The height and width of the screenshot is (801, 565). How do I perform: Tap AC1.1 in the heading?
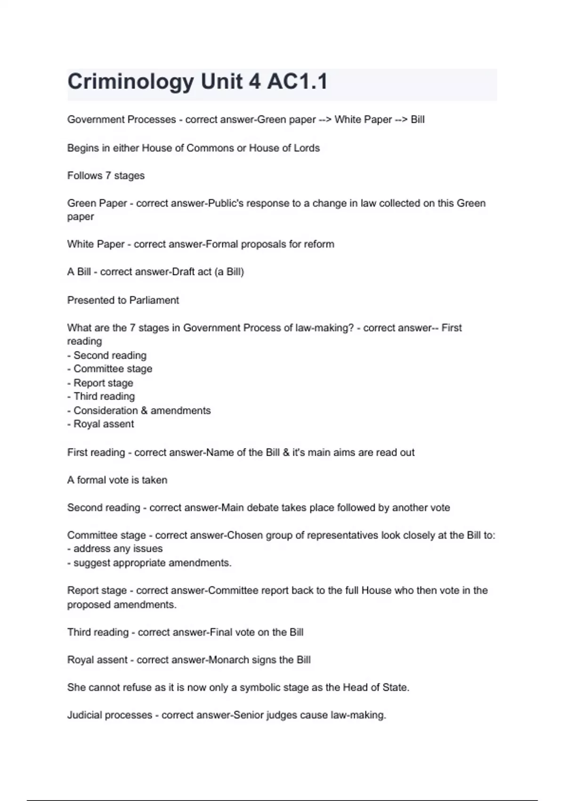(297, 82)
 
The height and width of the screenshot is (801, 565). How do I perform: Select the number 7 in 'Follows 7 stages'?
(108, 176)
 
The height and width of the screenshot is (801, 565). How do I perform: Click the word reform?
(319, 244)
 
